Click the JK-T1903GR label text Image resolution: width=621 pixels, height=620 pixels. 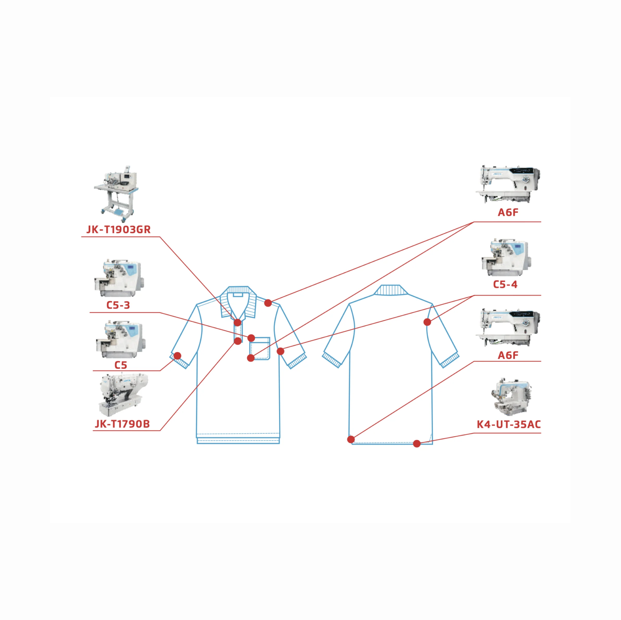[x=118, y=229]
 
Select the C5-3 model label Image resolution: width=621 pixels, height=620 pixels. [x=118, y=305]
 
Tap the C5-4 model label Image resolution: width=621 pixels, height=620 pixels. [x=505, y=285]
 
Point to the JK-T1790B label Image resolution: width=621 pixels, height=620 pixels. [x=122, y=424]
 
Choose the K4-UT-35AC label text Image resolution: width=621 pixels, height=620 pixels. [x=508, y=424]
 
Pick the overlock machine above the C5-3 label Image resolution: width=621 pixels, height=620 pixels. [x=119, y=278]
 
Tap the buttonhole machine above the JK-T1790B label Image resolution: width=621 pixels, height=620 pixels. [x=123, y=394]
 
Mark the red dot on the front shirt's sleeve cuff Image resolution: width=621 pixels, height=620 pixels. [x=177, y=356]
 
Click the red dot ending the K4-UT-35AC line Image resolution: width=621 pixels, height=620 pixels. [x=417, y=444]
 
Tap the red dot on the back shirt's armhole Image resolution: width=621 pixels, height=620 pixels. [x=427, y=322]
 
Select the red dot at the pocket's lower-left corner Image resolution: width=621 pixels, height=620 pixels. [x=251, y=358]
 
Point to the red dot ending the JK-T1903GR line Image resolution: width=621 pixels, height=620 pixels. [x=238, y=323]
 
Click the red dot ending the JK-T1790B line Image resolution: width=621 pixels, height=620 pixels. [x=238, y=341]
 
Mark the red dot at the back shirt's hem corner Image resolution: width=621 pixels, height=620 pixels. [x=351, y=439]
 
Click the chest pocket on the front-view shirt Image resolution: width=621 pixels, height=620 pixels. [x=260, y=349]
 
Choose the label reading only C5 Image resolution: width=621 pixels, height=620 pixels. [x=121, y=365]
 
